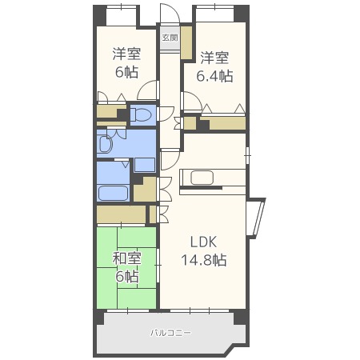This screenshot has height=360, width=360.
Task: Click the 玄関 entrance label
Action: (x=170, y=38)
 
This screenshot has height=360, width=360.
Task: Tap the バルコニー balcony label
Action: (x=170, y=333)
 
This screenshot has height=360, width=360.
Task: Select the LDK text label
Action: (x=203, y=242)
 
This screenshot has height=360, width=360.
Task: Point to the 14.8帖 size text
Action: (x=204, y=260)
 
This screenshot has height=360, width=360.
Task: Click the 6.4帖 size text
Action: (x=214, y=76)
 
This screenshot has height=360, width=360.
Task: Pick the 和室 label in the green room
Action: (x=126, y=258)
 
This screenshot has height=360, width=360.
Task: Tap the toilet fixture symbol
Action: (x=141, y=115)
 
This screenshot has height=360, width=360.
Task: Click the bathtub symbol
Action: (x=113, y=194)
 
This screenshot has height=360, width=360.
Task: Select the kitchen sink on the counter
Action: (x=202, y=178)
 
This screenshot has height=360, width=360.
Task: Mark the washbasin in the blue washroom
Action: (x=105, y=144)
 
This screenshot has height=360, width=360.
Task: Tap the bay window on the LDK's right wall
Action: (x=256, y=217)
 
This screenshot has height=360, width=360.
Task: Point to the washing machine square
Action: (x=145, y=165)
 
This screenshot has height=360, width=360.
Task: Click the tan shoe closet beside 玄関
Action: (x=186, y=42)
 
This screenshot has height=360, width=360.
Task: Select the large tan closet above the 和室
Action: (x=121, y=214)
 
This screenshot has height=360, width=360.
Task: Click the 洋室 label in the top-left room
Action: (x=126, y=54)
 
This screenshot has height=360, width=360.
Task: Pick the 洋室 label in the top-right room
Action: (x=214, y=58)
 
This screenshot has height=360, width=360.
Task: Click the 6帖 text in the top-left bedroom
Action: (x=126, y=72)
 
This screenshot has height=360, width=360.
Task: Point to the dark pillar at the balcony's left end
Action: (x=98, y=318)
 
